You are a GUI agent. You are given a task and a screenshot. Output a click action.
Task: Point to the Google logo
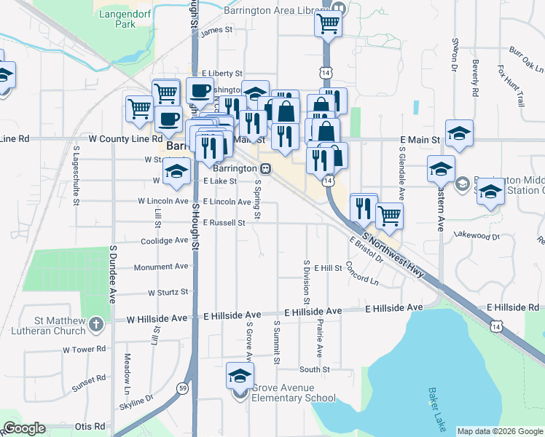tap(24, 428)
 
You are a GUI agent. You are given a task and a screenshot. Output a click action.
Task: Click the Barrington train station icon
tap(265, 168)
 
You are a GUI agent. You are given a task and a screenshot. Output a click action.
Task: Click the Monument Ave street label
tap(162, 267)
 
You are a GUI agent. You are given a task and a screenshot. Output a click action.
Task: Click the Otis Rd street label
tap(90, 426)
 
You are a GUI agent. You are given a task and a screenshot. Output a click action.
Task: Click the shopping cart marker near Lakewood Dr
tap(390, 215)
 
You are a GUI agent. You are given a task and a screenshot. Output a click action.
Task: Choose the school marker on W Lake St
tap(176, 171)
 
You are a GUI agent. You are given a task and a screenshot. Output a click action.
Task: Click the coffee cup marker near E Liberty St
tap(200, 90)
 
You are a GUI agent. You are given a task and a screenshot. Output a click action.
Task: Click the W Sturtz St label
tap(168, 292)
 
